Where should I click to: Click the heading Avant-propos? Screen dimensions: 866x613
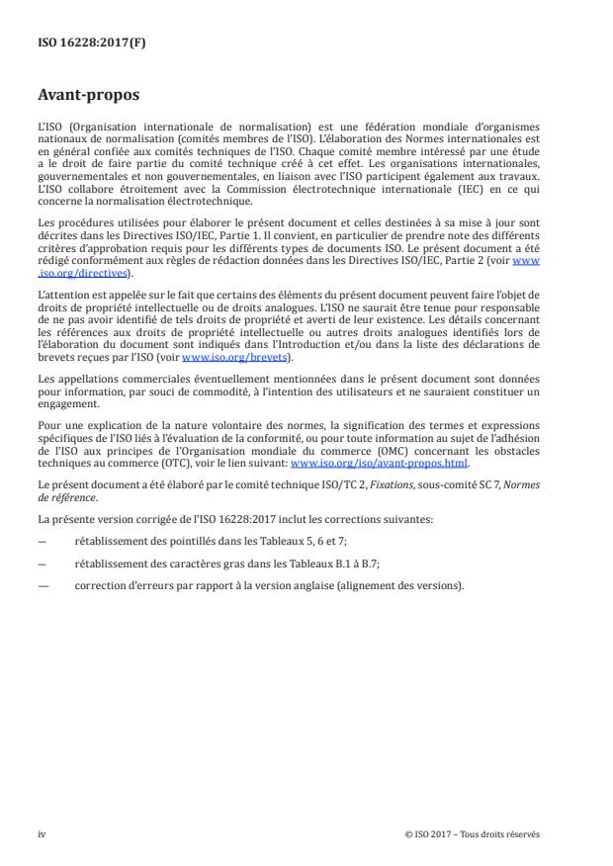[87, 97]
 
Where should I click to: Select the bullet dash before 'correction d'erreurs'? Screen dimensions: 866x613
[42, 584]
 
